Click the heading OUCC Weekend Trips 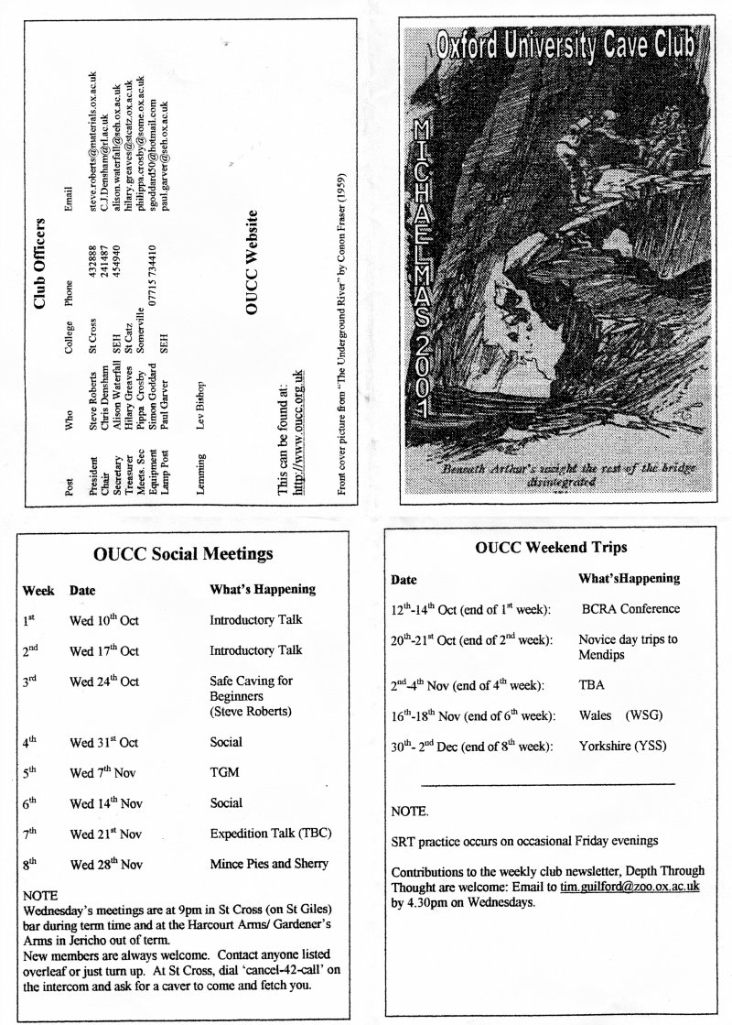tap(551, 548)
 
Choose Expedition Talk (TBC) tap(270, 833)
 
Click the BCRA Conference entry tap(630, 608)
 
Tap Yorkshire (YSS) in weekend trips tap(623, 746)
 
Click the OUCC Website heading tap(255, 265)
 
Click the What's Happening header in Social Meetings tap(262, 589)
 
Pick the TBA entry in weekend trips tap(590, 684)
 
